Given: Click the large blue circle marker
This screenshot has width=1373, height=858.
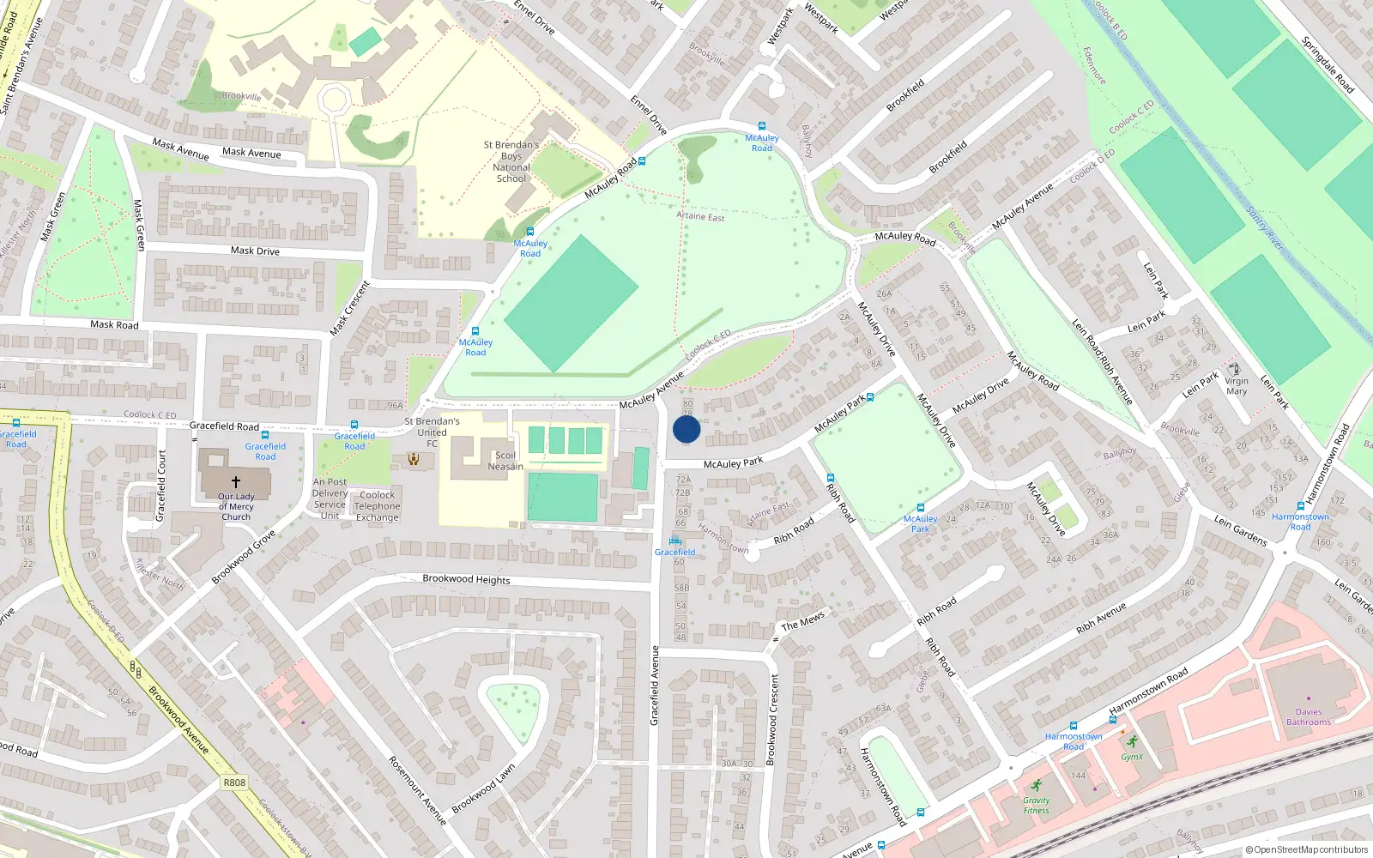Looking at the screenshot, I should [x=686, y=430].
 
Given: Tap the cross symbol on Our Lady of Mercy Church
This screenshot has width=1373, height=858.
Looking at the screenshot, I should [x=236, y=482].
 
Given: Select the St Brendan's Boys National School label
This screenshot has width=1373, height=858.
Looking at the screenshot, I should [x=511, y=162].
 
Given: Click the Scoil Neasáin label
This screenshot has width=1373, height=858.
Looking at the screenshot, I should [x=505, y=462].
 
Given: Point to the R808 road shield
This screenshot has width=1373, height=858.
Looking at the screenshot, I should [x=234, y=782].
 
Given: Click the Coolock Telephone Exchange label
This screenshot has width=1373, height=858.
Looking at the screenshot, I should [x=378, y=506].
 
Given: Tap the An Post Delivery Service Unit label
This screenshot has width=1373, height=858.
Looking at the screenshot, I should [x=330, y=498].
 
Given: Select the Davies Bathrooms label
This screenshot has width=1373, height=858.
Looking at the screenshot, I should [x=1309, y=717].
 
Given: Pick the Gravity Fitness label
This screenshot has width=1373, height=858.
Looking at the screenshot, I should [x=1036, y=806].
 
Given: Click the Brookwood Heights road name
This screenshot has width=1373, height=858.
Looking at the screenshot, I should [x=466, y=579].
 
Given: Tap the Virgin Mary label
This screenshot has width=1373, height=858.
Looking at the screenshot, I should [x=1237, y=386].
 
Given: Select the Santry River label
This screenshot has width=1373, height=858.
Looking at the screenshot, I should [x=1265, y=228].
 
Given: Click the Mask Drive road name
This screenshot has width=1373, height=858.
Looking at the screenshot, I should [x=255, y=251].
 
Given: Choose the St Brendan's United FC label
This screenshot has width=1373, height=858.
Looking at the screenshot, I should [x=432, y=432].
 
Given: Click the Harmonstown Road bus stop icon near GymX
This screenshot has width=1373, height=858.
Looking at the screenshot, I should [x=1073, y=725].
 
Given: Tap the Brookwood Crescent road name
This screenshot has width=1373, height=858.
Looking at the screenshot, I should [x=772, y=719].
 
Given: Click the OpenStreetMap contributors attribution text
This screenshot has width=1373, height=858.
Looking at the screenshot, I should [x=1306, y=850].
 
